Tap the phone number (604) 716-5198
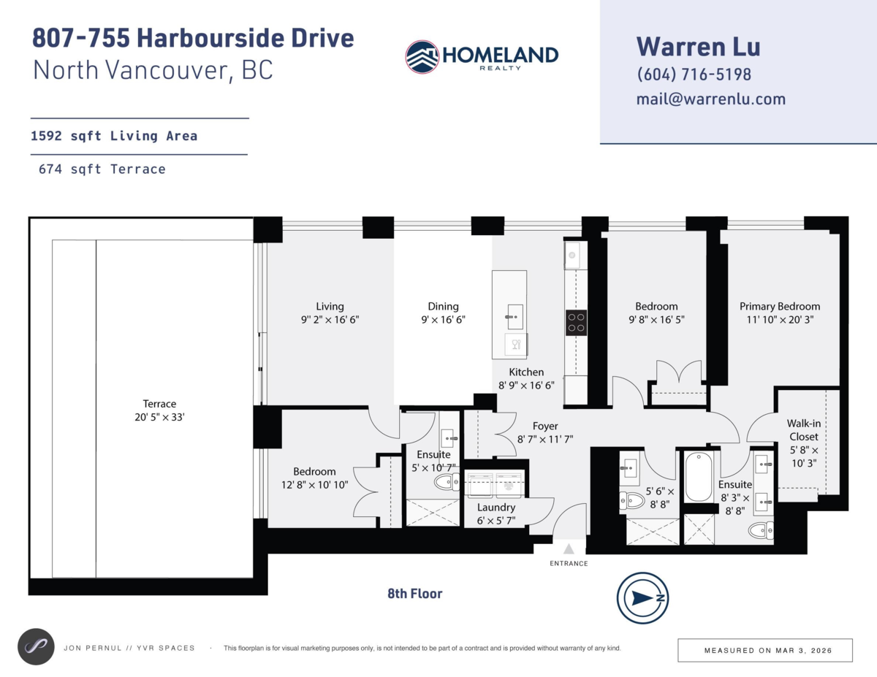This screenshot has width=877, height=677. tap(694, 74)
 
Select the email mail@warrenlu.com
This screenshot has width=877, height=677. tap(710, 99)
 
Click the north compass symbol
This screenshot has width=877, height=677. tap(642, 597)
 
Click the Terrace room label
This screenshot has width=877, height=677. tap(159, 404)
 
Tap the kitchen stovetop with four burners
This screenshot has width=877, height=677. tap(577, 322)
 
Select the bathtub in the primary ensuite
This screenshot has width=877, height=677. tap(699, 477)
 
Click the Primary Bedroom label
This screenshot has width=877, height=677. tap(779, 307)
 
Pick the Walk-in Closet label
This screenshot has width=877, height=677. tap(802, 430)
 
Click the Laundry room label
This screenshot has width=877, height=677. tap(496, 508)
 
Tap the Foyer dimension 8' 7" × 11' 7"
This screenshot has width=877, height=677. tap(544, 440)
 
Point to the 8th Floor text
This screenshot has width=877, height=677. tap(414, 594)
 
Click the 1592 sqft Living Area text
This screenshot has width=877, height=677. tap(114, 136)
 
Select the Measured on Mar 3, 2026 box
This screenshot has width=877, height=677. tap(765, 650)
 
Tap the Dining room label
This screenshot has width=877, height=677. tap(443, 307)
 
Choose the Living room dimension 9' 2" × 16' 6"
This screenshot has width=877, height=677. tap(329, 320)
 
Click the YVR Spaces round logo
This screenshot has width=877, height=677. tap(36, 647)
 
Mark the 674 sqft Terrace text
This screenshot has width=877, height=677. tap(102, 169)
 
